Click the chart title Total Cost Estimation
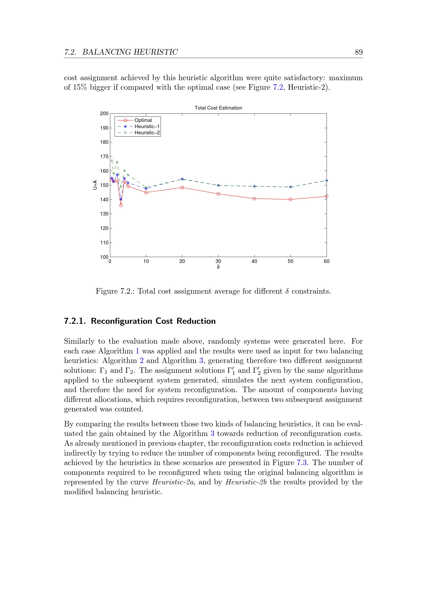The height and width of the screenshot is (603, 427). point(218,108)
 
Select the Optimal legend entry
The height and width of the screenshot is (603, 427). point(143,120)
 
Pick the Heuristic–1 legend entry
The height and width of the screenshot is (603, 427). point(147,127)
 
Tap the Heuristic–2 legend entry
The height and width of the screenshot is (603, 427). point(147,133)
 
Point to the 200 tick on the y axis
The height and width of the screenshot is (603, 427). point(104,113)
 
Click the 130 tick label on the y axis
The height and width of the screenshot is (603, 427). point(104,214)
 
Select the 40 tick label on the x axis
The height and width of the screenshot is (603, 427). point(254,261)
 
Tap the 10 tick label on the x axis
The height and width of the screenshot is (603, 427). point(146,261)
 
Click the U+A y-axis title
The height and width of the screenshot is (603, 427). point(95,185)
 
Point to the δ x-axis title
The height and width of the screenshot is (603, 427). point(218,267)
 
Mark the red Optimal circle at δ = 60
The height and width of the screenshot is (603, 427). point(327,196)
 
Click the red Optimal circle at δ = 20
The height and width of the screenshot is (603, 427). point(182,187)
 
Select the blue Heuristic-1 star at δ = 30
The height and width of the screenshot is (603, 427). point(218,185)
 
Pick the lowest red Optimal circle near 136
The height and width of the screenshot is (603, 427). point(121,205)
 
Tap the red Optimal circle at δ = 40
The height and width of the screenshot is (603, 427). point(254,199)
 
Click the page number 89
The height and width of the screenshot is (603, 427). point(359,52)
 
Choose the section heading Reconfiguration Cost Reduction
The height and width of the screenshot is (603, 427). point(153,321)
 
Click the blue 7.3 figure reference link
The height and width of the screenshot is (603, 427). point(302,462)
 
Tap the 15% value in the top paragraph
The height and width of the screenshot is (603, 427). point(80,87)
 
